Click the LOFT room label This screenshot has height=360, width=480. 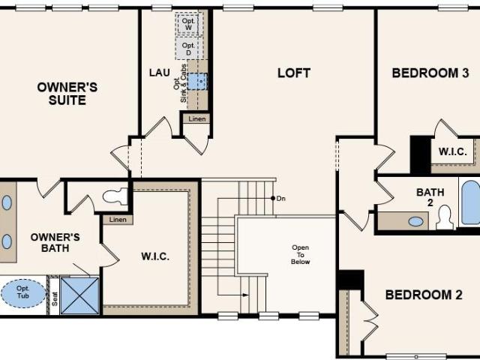pyautogui.click(x=294, y=73)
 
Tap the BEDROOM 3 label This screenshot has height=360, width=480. pyautogui.click(x=430, y=73)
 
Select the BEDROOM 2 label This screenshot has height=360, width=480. pyautogui.click(x=424, y=295)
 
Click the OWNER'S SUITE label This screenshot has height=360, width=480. pyautogui.click(x=67, y=94)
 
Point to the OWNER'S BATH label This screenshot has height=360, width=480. pyautogui.click(x=55, y=242)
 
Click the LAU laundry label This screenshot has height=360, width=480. pyautogui.click(x=160, y=73)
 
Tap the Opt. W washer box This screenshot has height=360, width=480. pyautogui.click(x=188, y=24)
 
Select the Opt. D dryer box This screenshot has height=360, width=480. pyautogui.click(x=188, y=48)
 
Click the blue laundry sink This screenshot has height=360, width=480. pyautogui.click(x=196, y=82)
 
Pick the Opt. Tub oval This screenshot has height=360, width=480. pyautogui.click(x=23, y=293)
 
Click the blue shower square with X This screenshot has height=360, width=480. pyautogui.click(x=79, y=295)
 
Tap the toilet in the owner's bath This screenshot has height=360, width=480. pyautogui.click(x=115, y=196)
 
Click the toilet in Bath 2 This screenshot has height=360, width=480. pyautogui.click(x=445, y=217)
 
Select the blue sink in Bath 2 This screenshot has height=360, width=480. pyautogui.click(x=415, y=221)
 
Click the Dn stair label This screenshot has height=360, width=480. pyautogui.click(x=281, y=198)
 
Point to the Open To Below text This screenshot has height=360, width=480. pyautogui.click(x=300, y=254)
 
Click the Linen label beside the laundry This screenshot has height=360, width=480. pyautogui.click(x=197, y=118)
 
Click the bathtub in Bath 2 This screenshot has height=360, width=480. pyautogui.click(x=471, y=202)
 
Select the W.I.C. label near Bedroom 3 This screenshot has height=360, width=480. pyautogui.click(x=453, y=151)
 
